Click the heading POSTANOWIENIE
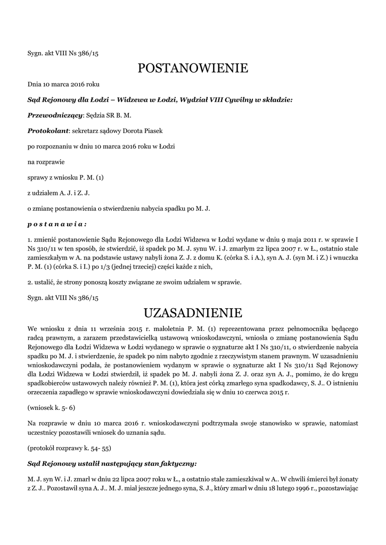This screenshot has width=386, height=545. [193, 68]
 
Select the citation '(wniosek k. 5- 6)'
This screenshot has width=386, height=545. [51, 407]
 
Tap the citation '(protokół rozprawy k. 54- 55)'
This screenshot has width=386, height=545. [69, 448]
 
